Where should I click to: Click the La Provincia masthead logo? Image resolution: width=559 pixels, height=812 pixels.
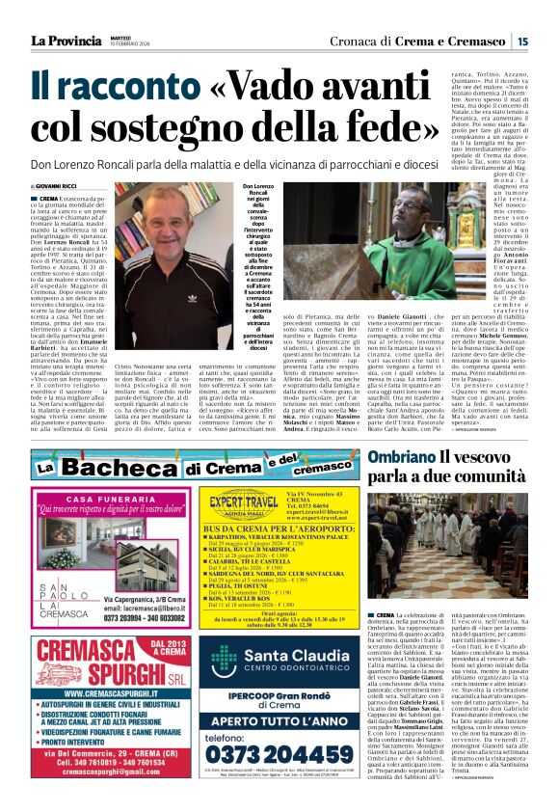pos(65,40)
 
